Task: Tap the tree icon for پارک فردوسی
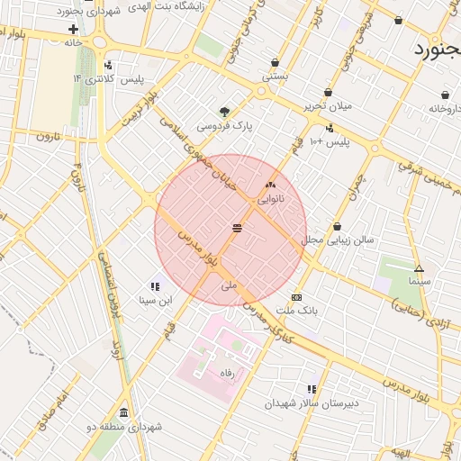(x=224, y=113)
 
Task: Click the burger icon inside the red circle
(x=237, y=228)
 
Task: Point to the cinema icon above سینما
(x=419, y=268)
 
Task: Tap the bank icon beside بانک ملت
(x=296, y=297)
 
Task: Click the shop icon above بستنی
(x=275, y=63)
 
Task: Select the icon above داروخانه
(x=445, y=95)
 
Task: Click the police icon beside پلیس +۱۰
(x=330, y=128)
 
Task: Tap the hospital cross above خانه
(x=73, y=29)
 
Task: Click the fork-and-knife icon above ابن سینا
(x=155, y=286)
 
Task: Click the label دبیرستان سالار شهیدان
(x=312, y=402)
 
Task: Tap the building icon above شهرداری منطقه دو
(x=123, y=412)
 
